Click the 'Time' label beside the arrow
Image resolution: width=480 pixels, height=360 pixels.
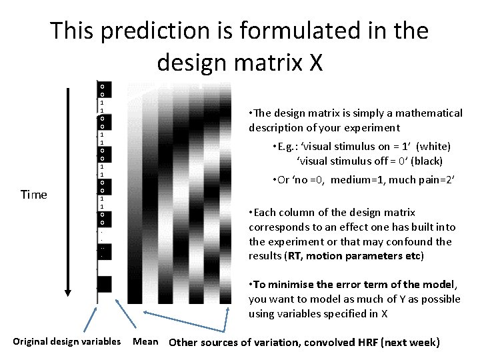click(x=34, y=195)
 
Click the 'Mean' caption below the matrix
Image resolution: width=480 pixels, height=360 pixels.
click(x=146, y=343)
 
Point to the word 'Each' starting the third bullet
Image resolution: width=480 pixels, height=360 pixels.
click(x=264, y=213)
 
